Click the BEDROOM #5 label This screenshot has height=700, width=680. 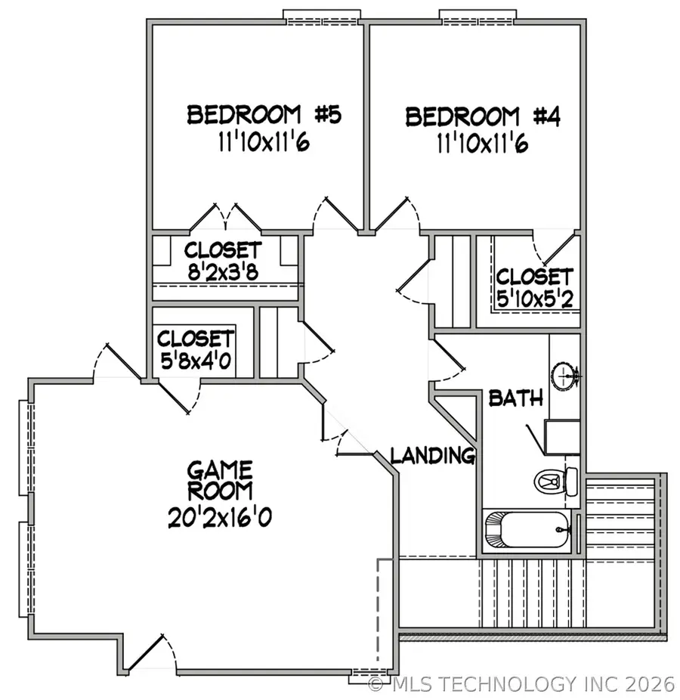pyautogui.click(x=264, y=115)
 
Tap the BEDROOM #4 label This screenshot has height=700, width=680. pyautogui.click(x=483, y=117)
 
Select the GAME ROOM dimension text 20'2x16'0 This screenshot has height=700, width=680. pyautogui.click(x=221, y=517)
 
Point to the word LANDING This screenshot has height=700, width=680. pyautogui.click(x=432, y=455)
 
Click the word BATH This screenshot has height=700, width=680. pyautogui.click(x=516, y=398)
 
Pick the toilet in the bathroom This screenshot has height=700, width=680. pyautogui.click(x=556, y=481)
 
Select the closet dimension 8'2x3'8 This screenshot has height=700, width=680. pyautogui.click(x=223, y=272)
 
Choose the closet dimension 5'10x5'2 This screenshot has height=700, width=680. pyautogui.click(x=534, y=299)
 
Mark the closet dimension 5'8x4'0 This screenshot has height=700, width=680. pyautogui.click(x=196, y=360)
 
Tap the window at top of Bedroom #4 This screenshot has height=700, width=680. pyautogui.click(x=478, y=16)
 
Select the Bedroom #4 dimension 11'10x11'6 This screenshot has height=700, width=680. pyautogui.click(x=483, y=143)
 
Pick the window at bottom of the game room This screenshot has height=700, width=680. pyautogui.click(x=369, y=677)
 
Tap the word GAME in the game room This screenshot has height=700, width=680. pyautogui.click(x=221, y=469)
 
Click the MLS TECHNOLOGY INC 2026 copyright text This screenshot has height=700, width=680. pyautogui.click(x=521, y=684)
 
